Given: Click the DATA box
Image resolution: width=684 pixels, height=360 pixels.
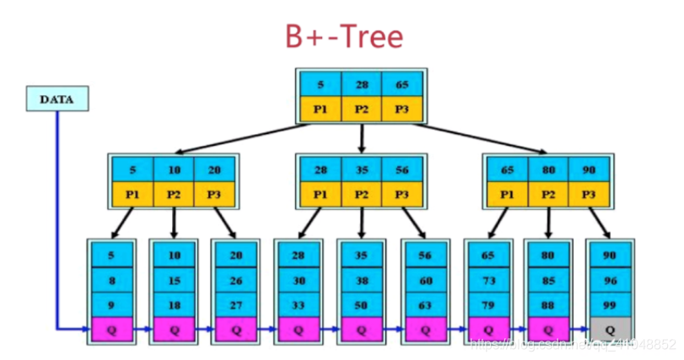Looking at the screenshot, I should [x=58, y=99].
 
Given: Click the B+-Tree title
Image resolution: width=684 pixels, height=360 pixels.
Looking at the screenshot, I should [x=342, y=38].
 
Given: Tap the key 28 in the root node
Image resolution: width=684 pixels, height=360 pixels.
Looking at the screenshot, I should [x=361, y=85].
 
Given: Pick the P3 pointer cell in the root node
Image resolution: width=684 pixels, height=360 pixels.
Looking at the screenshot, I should [x=401, y=109].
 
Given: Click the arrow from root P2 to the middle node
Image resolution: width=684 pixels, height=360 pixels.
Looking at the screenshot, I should [x=361, y=137].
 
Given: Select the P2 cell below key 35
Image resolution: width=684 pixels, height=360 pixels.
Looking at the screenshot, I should [x=361, y=193].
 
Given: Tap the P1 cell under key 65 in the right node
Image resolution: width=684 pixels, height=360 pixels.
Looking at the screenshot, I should [x=507, y=193].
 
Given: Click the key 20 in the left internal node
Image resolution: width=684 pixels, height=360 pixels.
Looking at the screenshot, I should [x=215, y=169].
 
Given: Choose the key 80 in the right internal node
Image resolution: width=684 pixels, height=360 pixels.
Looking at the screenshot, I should [x=548, y=169].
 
